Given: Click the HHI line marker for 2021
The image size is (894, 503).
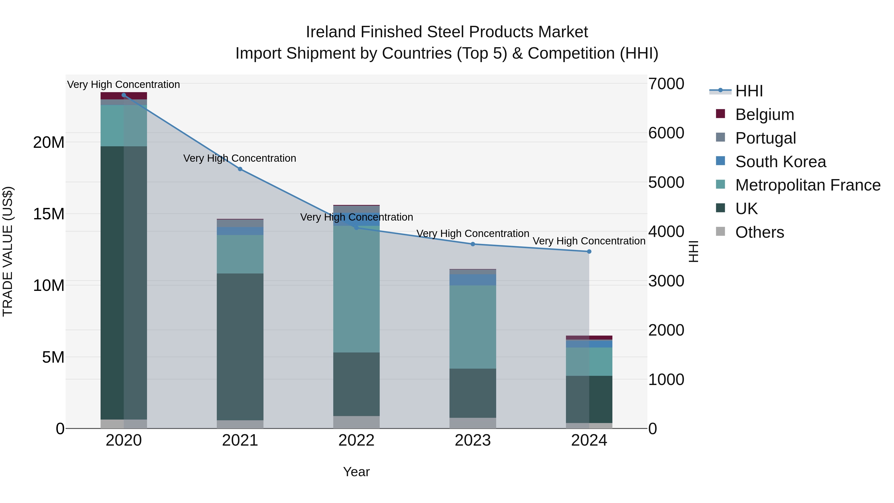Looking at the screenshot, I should coord(240,169).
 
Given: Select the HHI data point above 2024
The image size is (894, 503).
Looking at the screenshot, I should coord(589,252).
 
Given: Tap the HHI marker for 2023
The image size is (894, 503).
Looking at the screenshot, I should coord(473,244).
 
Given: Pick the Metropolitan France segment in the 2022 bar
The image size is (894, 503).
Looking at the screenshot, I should coord(356,289).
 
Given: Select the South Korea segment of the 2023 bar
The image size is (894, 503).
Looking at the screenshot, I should coord(473,280).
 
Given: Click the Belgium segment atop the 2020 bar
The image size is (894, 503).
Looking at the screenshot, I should coord(124,96).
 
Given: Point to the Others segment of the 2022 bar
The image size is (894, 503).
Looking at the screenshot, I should coord(356,422).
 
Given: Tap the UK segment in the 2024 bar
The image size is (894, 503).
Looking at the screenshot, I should coord(589,399).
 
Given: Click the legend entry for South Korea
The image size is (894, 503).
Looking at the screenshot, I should coord(780,162).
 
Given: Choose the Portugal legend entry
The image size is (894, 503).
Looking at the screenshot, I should coord(765,138).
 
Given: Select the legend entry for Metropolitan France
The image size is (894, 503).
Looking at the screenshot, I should coord(807,185).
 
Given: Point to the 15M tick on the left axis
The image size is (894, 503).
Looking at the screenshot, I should coord(49,214).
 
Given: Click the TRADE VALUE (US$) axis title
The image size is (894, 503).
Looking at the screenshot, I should coord(8,251).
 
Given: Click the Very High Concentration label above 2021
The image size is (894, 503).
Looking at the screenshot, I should coord(240,158).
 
